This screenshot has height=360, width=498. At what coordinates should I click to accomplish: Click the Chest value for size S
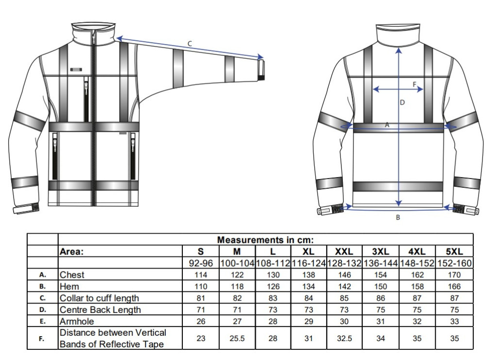coord(201,275)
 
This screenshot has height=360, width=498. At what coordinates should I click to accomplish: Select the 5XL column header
coord(454,252)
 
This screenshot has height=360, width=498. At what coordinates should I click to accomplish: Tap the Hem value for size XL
coord(308,287)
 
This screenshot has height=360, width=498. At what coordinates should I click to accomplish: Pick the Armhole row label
coord(77,322)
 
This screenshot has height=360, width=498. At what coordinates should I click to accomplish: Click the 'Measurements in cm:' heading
coord(266,240)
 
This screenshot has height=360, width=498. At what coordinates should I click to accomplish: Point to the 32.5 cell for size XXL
coord(344,339)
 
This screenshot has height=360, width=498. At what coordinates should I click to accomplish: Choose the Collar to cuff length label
coord(99,298)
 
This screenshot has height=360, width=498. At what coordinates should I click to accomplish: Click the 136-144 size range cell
coord(380,263)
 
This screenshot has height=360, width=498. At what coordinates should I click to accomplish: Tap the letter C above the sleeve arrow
coord(190,43)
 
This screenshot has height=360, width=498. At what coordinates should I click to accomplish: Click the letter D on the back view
coord(402,102)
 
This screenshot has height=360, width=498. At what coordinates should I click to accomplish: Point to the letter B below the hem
coord(398,217)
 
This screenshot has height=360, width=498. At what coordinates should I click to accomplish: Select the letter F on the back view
coord(414,84)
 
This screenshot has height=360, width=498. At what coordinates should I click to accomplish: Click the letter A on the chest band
coord(387,125)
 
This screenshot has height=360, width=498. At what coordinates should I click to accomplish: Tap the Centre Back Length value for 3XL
coord(380,310)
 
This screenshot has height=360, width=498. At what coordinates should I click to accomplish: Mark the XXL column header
coord(344,252)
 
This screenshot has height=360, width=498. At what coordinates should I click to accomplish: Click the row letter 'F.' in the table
coord(42,339)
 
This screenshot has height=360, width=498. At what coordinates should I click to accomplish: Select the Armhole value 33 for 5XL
coord(454,322)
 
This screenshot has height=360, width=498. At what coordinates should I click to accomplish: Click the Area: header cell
coord(72,252)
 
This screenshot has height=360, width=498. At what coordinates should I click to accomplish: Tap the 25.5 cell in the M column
coord(237,339)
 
